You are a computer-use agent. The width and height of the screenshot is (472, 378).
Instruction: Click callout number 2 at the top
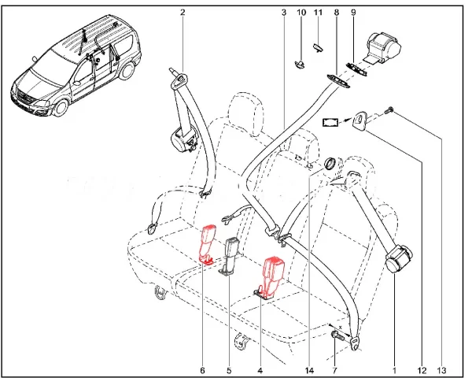(182, 12)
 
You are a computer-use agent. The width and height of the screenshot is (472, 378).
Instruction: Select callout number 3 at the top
(283, 13)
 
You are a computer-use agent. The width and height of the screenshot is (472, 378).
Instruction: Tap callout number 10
(301, 13)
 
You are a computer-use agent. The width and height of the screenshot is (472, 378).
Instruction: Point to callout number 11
(318, 13)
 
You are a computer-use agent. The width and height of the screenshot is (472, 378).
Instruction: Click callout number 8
(336, 13)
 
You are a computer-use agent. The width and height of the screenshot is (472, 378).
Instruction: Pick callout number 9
(353, 13)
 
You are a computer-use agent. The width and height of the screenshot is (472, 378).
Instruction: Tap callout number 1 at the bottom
(394, 369)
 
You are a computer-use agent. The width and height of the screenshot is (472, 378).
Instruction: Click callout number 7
(334, 369)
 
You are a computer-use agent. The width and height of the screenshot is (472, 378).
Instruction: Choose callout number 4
(260, 369)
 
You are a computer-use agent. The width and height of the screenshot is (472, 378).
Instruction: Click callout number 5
(230, 369)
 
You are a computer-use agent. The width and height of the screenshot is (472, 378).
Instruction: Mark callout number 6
(202, 369)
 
